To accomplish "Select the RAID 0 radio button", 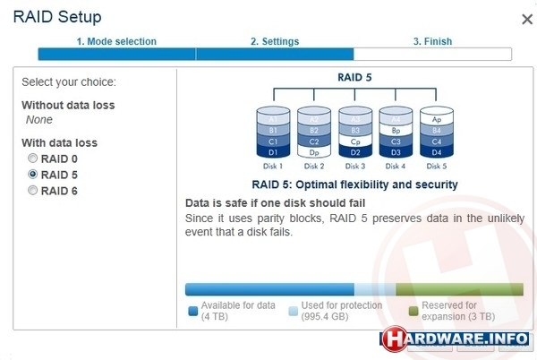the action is [32, 159].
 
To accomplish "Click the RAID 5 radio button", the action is [32, 175].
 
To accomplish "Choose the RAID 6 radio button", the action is [32, 190].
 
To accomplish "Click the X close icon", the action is [527, 19].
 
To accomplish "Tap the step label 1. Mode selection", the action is [116, 41].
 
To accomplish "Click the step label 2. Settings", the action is [275, 41].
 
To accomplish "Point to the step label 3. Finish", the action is [432, 41].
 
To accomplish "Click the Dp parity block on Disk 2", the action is [314, 152].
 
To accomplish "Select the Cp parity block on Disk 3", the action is [355, 141].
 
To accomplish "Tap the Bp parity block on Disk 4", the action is [396, 131].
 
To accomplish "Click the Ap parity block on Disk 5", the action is [437, 119].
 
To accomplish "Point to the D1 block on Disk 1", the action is [273, 152].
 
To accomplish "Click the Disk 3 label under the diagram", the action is [355, 167].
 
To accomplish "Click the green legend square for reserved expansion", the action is [413, 311].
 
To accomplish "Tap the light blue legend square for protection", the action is [294, 311].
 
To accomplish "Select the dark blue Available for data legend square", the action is [193, 311].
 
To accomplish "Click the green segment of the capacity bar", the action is [460, 289].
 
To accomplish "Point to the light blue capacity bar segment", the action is [375, 289].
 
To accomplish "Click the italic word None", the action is [39, 119].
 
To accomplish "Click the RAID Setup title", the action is [57, 17].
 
